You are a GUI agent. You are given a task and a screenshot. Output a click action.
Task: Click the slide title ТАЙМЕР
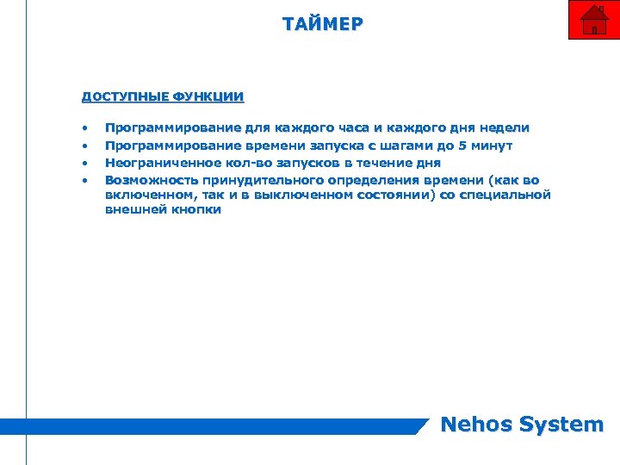tap(323, 23)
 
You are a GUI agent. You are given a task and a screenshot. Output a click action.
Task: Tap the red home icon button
tap(593, 20)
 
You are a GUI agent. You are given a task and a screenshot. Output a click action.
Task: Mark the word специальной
tap(507, 195)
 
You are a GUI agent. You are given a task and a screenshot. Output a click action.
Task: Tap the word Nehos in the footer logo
tap(475, 424)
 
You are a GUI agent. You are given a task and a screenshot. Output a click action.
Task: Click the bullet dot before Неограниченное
tap(84, 163)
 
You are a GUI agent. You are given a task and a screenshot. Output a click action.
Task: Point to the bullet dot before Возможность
tap(84, 180)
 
